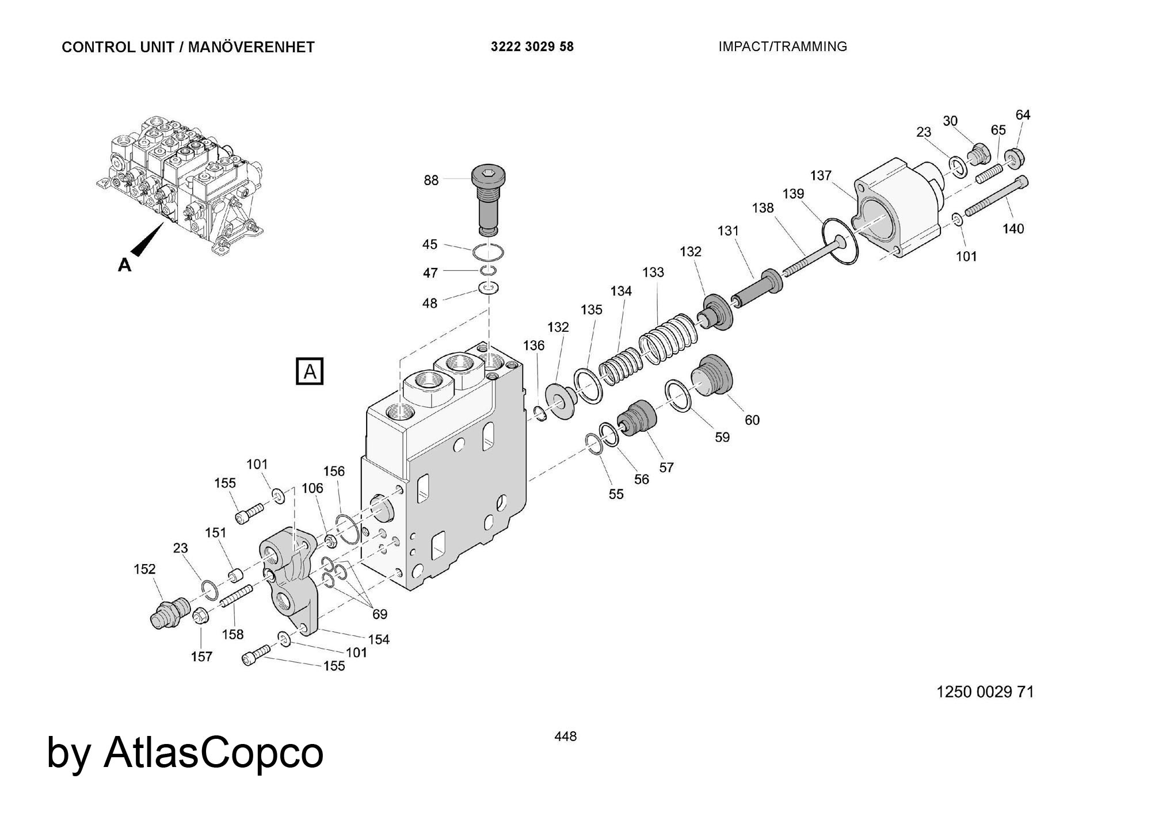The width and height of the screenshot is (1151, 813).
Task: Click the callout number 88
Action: (431, 181)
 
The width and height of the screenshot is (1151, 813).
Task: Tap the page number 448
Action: (565, 737)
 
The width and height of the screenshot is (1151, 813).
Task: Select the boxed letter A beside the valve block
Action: (310, 371)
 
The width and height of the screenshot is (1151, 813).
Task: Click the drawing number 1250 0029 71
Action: (985, 692)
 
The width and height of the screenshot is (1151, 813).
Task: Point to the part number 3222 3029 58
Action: (532, 47)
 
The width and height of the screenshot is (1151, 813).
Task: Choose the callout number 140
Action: (1013, 229)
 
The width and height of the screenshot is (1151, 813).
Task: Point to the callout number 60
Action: (752, 420)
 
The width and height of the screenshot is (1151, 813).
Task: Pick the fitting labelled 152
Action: (167, 613)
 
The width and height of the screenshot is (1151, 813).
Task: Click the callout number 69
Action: (379, 614)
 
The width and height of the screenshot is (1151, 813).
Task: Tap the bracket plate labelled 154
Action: (294, 581)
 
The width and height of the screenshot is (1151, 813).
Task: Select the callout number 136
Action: (533, 346)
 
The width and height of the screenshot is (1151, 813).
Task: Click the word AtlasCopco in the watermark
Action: (214, 753)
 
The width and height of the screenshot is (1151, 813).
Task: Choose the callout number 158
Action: (233, 634)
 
